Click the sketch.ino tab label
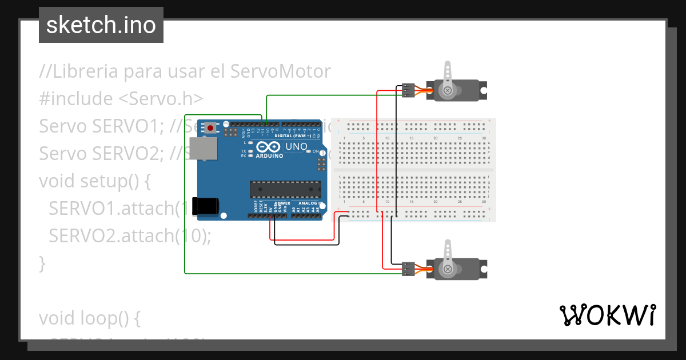101,25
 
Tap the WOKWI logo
607,315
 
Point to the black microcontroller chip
285,189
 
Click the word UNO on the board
296,147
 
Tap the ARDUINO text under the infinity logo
269,155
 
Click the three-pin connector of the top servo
408,90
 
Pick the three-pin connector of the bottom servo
408,269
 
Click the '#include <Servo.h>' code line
121,99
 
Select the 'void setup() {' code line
94,181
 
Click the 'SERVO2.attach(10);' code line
130,235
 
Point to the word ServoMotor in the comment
281,71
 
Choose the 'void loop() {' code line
89,318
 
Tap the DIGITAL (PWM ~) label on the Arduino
293,136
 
